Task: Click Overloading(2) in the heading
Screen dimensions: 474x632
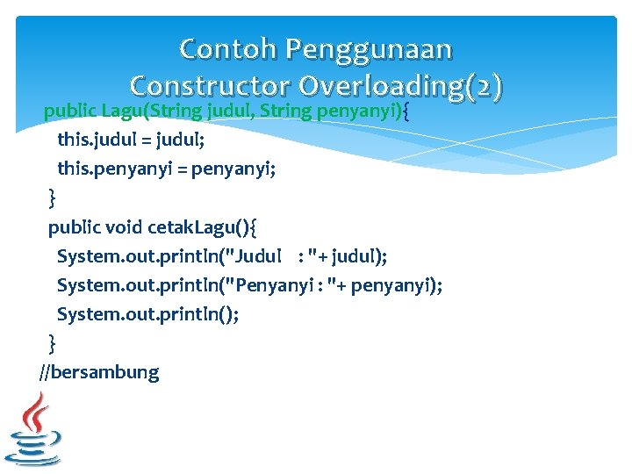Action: tap(400, 85)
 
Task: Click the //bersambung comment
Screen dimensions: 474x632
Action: tap(99, 372)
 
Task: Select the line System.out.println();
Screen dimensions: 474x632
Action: tap(147, 313)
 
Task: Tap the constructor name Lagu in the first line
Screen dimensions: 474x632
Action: tap(120, 111)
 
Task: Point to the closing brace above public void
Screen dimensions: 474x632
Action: tap(52, 198)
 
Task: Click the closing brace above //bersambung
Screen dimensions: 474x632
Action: tap(52, 342)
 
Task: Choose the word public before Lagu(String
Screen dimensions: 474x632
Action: tap(70, 111)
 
